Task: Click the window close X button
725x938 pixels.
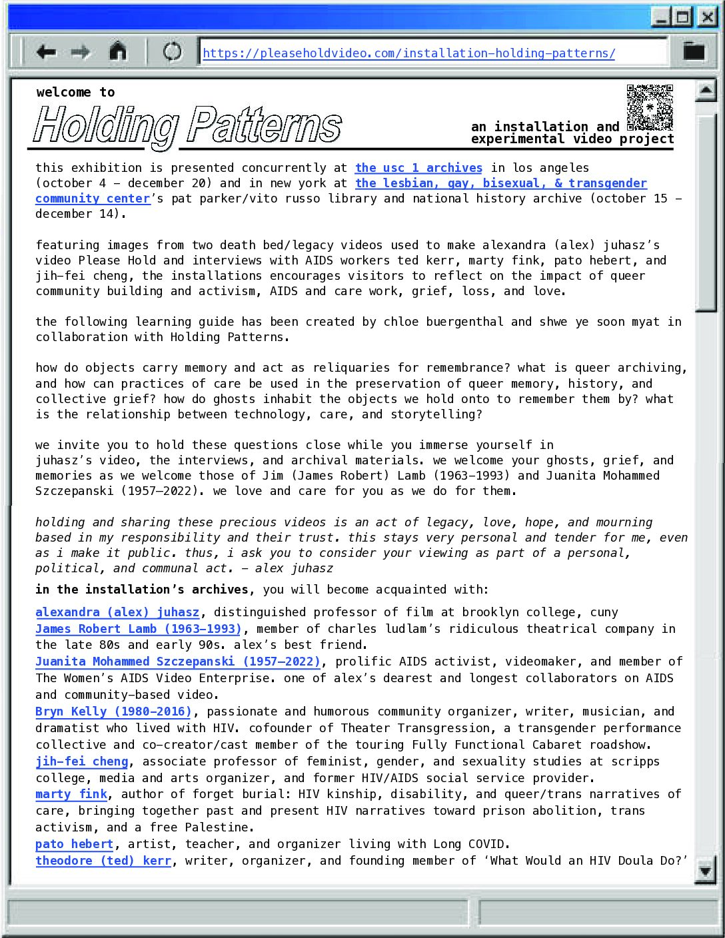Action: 706,17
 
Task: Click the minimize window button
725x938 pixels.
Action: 660,17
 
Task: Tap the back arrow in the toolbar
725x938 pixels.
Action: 46,52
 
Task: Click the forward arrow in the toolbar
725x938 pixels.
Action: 81,52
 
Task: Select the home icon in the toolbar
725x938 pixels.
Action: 118,51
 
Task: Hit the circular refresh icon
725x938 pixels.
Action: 172,52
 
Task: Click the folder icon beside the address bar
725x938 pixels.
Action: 694,51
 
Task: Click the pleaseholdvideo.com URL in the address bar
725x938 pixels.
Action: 408,53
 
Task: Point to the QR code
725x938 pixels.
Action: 650,107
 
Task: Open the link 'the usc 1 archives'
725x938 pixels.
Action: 418,168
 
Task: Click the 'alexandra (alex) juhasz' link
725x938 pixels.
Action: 117,612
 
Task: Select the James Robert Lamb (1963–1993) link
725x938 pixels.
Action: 138,629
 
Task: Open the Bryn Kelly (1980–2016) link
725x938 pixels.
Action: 113,711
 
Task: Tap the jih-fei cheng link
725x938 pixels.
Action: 81,761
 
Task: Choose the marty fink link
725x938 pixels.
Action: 71,794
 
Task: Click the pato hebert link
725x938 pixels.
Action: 75,844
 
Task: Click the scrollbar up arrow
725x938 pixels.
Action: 705,91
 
